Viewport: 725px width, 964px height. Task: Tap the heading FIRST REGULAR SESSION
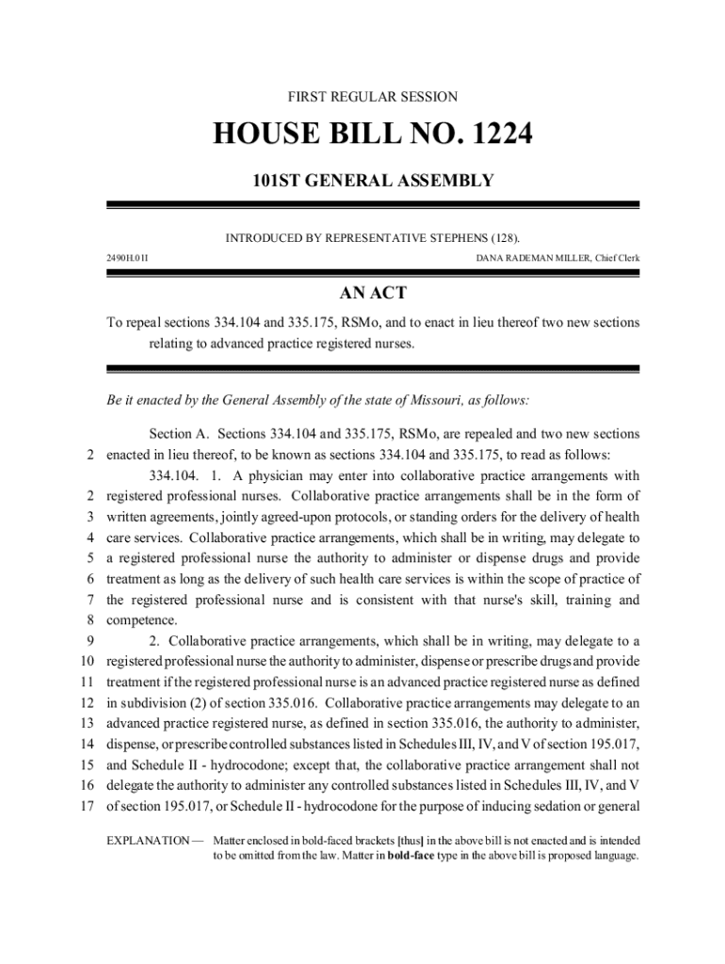373,97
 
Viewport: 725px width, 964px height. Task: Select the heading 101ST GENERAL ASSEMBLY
373,180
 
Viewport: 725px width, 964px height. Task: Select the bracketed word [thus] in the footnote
410,840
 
